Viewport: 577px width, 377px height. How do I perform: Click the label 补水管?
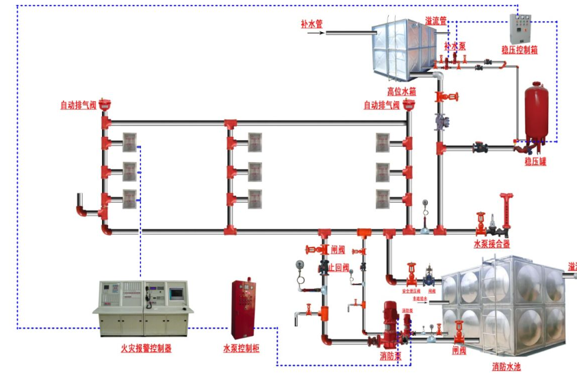click(x=311, y=23)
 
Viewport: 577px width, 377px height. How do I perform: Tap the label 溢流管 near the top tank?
click(x=435, y=21)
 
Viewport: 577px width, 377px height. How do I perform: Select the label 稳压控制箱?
click(x=519, y=50)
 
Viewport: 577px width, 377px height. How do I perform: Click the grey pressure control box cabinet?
click(x=520, y=28)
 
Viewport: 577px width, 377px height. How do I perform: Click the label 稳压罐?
click(x=536, y=161)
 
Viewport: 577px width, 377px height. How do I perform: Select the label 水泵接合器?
click(x=491, y=244)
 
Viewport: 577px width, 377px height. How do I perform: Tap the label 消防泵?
click(x=391, y=356)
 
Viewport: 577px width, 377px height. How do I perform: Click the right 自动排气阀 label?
click(x=381, y=105)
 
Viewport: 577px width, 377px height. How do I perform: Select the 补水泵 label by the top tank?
click(x=455, y=47)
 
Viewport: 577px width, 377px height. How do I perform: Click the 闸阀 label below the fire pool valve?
click(x=459, y=351)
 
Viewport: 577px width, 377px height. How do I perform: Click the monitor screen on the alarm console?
click(x=176, y=292)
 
